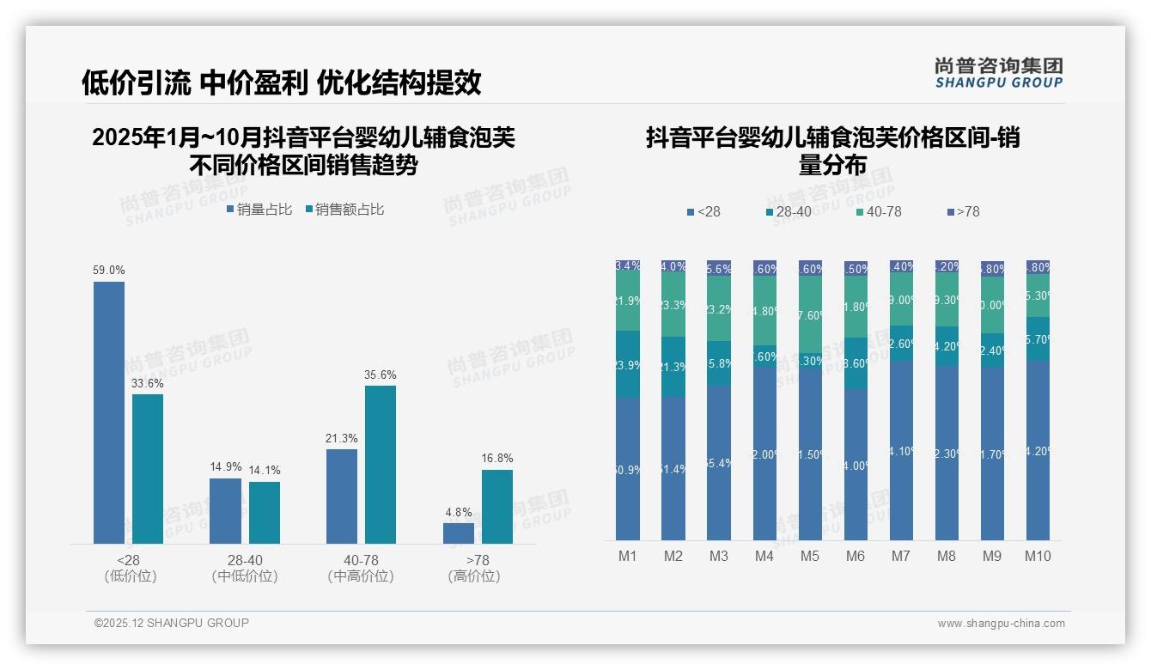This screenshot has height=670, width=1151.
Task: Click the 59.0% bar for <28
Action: pos(109,412)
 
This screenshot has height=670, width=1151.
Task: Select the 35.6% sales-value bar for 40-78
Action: pos(381,464)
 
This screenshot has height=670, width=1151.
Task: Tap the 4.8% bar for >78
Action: pos(459,533)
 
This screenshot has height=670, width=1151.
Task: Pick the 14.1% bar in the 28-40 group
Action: pos(265,513)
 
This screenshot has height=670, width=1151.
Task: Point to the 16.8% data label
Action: pos(497,458)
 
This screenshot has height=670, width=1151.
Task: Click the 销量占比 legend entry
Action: pos(259,210)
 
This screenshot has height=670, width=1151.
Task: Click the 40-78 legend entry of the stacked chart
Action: pos(879,211)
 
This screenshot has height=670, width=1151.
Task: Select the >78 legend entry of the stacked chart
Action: pos(963,211)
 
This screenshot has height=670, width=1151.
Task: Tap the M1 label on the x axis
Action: pos(628,556)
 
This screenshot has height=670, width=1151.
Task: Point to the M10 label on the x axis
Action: pos(1038,556)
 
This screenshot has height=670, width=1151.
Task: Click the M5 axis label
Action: pos(810,556)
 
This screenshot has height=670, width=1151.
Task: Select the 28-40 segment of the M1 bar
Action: pos(628,364)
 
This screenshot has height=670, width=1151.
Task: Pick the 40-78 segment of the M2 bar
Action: pos(673,305)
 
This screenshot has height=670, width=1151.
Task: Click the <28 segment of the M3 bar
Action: pos(719,463)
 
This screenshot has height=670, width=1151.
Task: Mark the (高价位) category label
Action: pos(474,576)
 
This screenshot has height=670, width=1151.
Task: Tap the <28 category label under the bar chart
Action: pos(128,560)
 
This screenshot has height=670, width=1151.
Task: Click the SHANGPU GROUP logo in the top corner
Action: pos(999,72)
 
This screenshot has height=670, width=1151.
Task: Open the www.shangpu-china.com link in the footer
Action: pos(1001,624)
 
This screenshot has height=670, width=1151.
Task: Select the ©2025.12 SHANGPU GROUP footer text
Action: pos(172,623)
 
